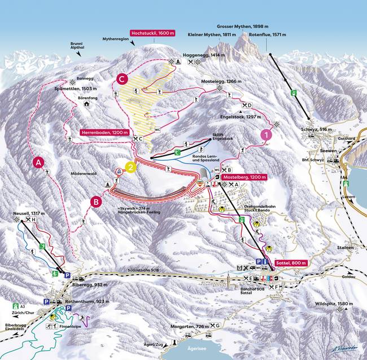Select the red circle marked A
(38, 163)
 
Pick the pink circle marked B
(97, 200)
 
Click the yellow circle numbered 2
(130, 168)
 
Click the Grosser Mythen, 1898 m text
(243, 27)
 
